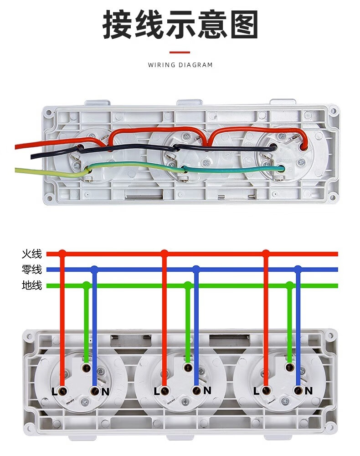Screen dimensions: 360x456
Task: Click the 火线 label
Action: click(x=31, y=254)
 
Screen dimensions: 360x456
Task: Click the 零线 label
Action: click(x=31, y=269)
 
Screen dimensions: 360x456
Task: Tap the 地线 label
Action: click(x=31, y=285)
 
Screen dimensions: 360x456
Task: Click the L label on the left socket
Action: click(x=54, y=392)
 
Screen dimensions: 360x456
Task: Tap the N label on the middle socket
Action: click(x=207, y=391)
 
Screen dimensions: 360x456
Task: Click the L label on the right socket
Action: click(x=256, y=391)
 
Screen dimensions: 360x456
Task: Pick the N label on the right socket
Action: click(x=309, y=391)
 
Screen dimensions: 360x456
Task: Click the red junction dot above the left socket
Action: click(x=62, y=253)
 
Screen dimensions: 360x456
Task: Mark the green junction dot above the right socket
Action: click(x=289, y=285)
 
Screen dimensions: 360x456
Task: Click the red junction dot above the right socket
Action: click(x=266, y=253)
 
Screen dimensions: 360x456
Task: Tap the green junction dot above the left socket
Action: click(x=86, y=285)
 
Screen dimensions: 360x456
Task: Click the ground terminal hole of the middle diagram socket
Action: click(x=188, y=368)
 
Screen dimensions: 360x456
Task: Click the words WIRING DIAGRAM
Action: click(x=180, y=65)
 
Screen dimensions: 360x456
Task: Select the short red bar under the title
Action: click(x=180, y=52)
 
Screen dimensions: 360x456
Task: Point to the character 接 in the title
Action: click(x=117, y=25)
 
